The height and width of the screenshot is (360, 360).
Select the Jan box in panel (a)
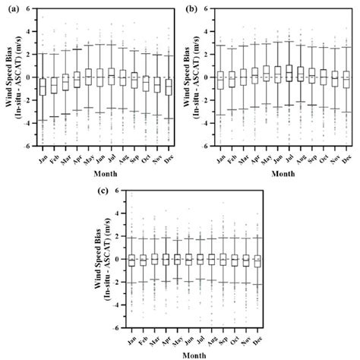pos(44,86)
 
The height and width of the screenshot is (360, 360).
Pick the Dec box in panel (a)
pos(168,87)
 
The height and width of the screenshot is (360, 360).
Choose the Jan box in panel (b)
pos(220,80)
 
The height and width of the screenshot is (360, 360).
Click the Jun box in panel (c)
pos(188,259)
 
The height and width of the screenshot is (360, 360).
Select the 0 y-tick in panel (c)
pos(119,260)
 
